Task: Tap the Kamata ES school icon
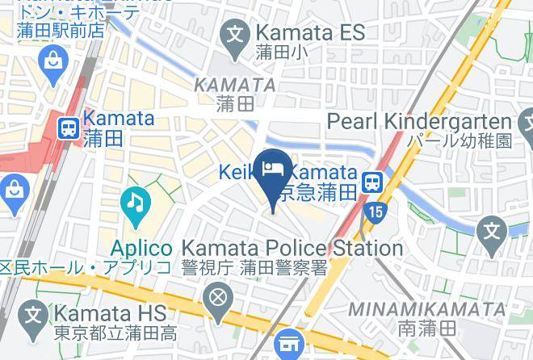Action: click(x=235, y=35)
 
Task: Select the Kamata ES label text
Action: click(x=309, y=33)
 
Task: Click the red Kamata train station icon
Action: click(x=68, y=128)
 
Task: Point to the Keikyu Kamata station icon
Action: click(x=372, y=182)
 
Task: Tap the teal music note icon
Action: click(x=134, y=201)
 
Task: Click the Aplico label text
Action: click(x=142, y=248)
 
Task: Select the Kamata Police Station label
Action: click(x=293, y=248)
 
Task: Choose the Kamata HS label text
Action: click(x=110, y=312)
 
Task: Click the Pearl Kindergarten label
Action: click(x=420, y=122)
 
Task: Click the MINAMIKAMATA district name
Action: click(x=427, y=309)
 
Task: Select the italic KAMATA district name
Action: click(x=235, y=84)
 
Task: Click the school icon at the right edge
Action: click(x=492, y=232)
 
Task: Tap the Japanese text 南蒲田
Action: click(x=427, y=329)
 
